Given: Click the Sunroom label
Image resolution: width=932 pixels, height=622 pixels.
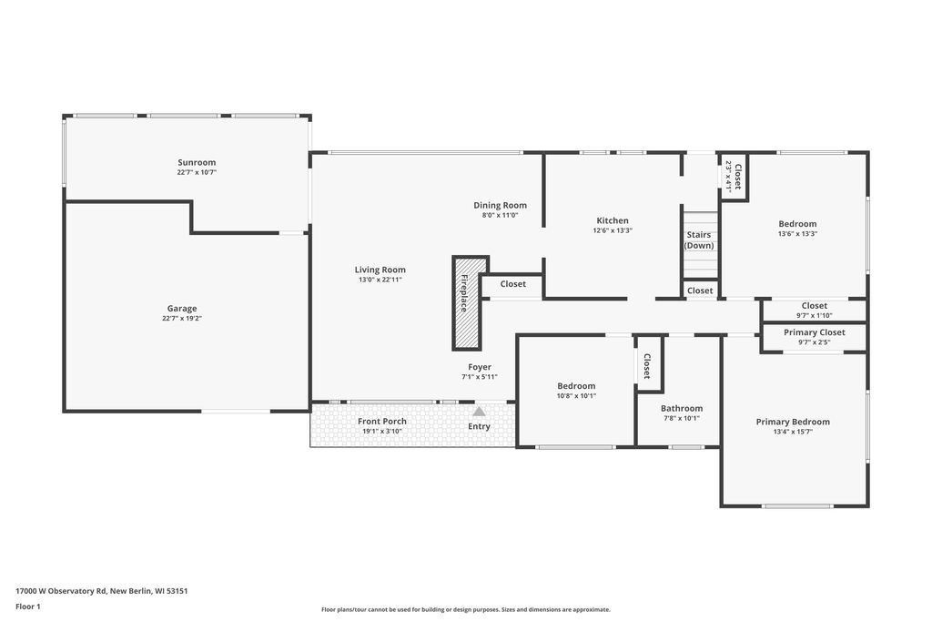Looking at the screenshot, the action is (x=197, y=162).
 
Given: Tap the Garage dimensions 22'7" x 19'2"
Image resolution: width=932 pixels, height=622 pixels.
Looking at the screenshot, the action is (x=182, y=318).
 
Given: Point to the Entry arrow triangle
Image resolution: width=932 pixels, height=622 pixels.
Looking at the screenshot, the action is (x=479, y=411).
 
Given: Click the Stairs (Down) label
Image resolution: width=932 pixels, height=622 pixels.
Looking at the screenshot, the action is (x=699, y=240).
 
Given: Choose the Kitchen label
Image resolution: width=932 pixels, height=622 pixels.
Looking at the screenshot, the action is (x=613, y=220).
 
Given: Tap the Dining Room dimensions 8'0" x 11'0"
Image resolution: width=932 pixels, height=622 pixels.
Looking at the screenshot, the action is (x=501, y=215).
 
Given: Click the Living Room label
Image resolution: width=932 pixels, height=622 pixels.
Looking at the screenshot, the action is (x=380, y=270).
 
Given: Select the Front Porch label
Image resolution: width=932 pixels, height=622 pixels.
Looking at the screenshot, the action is (x=382, y=421).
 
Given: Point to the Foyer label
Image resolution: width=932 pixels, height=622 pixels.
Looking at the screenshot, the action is (x=480, y=367).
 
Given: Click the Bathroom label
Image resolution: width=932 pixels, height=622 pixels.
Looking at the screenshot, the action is (x=682, y=409).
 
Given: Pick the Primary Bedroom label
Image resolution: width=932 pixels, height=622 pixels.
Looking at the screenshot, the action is (x=793, y=423).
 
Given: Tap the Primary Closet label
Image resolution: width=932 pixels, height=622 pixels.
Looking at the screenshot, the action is (x=815, y=332).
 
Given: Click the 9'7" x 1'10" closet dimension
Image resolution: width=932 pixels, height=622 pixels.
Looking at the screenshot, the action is (x=815, y=316).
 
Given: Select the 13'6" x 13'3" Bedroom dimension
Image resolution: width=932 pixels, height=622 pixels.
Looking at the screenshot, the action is (x=797, y=234).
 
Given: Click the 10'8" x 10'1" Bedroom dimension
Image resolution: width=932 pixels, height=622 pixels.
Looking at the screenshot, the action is (x=576, y=395).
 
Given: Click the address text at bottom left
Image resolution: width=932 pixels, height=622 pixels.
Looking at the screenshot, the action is (x=102, y=591).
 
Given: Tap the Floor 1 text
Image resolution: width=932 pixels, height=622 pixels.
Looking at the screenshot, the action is (x=28, y=607).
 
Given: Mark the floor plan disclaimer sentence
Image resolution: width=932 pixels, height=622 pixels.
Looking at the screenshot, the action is (x=466, y=609).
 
